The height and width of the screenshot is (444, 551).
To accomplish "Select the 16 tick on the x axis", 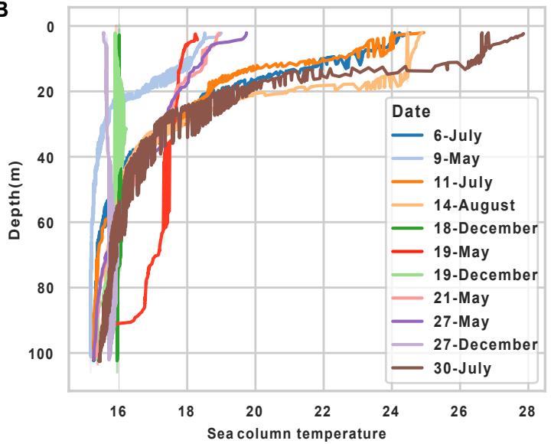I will tap(118, 410).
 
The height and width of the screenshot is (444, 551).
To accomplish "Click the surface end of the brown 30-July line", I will tap(523, 34).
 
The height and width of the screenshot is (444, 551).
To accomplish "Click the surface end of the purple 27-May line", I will tap(246, 33).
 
